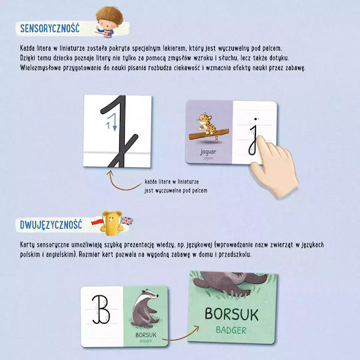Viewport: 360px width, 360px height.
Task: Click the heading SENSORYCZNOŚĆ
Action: (x=50, y=28)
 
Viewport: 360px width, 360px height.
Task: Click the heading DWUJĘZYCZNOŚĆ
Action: (x=51, y=225)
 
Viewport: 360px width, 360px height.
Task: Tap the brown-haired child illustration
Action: (x=109, y=22)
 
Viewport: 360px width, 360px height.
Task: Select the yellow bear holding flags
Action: (x=111, y=223)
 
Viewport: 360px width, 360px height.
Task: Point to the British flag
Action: (x=127, y=221)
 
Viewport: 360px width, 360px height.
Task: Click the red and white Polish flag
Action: (x=97, y=221)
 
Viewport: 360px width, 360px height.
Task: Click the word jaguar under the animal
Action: (x=208, y=152)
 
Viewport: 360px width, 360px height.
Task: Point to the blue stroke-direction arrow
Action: (x=112, y=123)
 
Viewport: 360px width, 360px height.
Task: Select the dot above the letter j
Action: (x=255, y=119)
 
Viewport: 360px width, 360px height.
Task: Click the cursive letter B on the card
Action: (x=101, y=309)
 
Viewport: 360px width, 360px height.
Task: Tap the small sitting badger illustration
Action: (x=145, y=307)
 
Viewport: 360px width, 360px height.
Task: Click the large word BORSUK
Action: (x=231, y=314)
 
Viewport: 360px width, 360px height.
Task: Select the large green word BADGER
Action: (x=231, y=330)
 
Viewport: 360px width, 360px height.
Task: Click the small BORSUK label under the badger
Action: (x=146, y=335)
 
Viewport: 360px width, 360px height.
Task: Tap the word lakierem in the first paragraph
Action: (x=174, y=48)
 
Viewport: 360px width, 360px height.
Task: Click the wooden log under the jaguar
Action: (x=209, y=134)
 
